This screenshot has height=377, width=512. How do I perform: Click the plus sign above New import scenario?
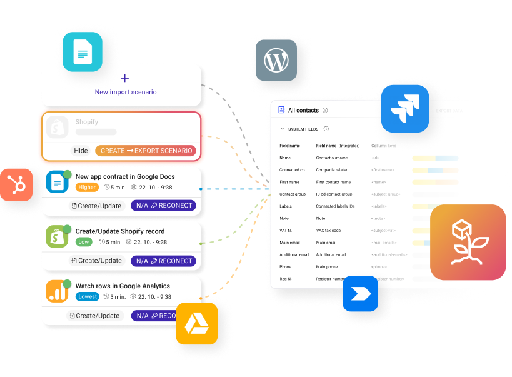tap(124, 79)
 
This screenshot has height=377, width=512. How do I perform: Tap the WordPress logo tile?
tap(276, 60)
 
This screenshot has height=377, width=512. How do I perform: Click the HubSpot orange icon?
tap(16, 184)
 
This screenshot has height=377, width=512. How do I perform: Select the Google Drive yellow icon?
tap(196, 323)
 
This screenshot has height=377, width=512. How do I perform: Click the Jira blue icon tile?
tap(404, 109)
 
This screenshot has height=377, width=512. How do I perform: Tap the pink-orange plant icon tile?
tap(468, 242)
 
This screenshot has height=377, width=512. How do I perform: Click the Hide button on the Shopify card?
tap(81, 151)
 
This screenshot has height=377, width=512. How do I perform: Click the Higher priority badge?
tap(87, 187)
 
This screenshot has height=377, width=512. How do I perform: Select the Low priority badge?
tap(83, 242)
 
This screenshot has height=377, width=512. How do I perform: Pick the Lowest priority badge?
tap(87, 297)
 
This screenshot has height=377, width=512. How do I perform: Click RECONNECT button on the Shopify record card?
tap(163, 261)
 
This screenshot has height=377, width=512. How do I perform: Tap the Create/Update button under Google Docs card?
tap(96, 206)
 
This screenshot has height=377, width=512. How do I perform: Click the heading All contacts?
tap(303, 111)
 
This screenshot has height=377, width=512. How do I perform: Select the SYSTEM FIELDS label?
tap(303, 129)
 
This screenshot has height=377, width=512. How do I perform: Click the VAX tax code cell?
tap(328, 231)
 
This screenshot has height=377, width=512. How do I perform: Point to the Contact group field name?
tap(293, 194)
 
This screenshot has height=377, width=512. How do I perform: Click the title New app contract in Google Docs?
tap(124, 177)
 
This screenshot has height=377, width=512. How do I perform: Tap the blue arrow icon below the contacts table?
tap(360, 294)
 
